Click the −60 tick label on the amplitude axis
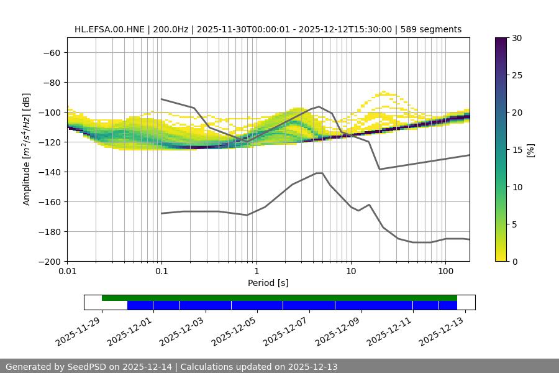coord(50,52)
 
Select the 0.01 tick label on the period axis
coord(67,272)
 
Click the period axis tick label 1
coord(256,272)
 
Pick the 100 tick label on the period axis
coord(445,272)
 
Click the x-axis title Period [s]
coord(268,283)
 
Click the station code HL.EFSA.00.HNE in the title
coord(110,29)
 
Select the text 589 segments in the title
coord(431,29)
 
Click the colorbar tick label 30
coord(517,38)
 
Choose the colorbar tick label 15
coord(517,150)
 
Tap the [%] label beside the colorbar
coord(530,150)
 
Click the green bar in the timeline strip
coord(279,298)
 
